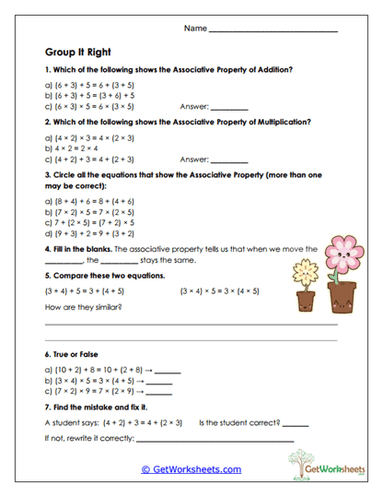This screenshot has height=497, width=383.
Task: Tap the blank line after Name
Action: (273, 31)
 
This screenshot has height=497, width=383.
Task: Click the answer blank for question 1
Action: (229, 107)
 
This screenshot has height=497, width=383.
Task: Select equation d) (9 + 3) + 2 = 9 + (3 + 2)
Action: (93, 234)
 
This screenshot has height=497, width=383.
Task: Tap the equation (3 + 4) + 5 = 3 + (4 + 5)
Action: (90, 290)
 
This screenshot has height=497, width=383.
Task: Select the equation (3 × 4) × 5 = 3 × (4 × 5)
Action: (220, 290)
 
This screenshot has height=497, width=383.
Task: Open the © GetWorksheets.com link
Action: (191, 469)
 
